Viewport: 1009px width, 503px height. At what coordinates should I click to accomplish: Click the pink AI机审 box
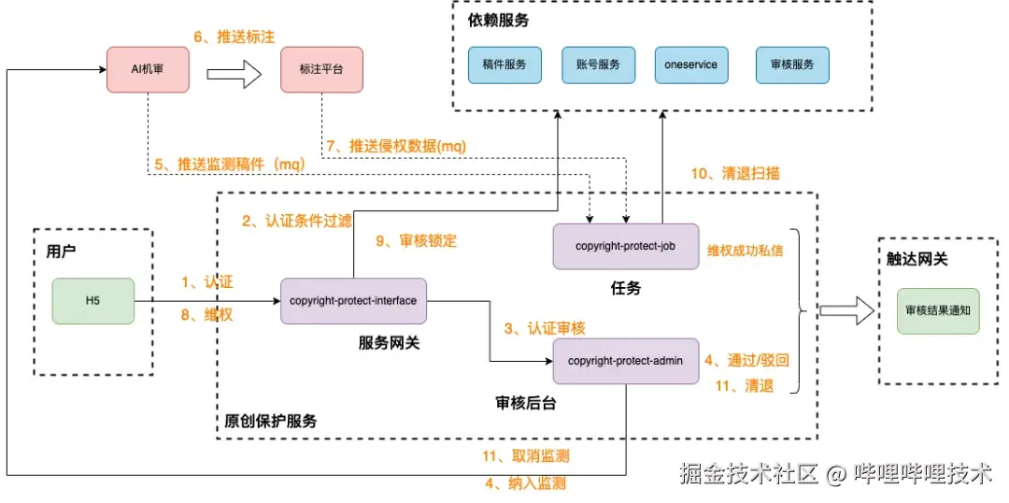[148, 70]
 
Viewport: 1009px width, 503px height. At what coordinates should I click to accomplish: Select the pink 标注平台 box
[321, 70]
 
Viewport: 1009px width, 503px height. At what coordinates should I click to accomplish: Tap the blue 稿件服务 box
[504, 65]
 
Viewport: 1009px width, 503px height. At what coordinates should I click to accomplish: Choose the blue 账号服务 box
[598, 65]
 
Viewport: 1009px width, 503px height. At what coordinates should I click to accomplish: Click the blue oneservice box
[690, 65]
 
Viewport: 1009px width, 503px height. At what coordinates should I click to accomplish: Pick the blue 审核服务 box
[791, 65]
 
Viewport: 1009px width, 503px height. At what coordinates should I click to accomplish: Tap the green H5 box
[92, 301]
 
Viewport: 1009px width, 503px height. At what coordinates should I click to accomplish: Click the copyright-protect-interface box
[353, 301]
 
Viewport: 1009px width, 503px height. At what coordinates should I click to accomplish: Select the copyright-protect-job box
[625, 247]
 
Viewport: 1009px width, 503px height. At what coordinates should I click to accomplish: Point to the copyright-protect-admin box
[625, 361]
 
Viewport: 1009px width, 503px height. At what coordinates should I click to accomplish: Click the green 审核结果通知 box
[938, 311]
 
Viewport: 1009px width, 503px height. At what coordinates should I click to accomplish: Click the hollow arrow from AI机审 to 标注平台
[233, 72]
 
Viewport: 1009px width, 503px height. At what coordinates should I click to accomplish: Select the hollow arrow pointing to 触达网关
[845, 311]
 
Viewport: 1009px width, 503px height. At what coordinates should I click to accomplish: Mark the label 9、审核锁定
[417, 240]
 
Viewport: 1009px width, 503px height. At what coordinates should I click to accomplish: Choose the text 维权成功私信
[745, 250]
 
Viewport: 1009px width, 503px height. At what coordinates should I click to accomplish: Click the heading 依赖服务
[497, 21]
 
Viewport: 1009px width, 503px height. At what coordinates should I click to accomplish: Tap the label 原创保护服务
[271, 421]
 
